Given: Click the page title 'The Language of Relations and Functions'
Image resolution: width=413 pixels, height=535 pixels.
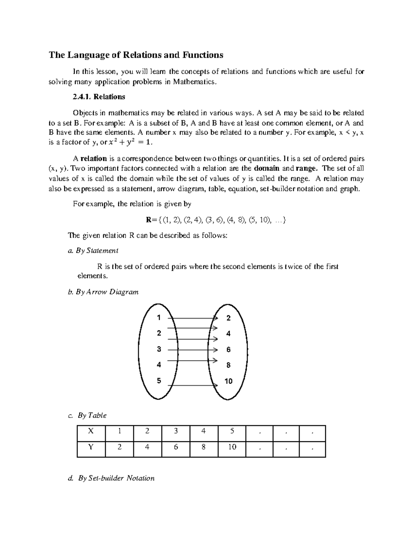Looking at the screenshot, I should coord(136,55).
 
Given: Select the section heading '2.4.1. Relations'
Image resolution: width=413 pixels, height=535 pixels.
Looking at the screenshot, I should coord(99,97).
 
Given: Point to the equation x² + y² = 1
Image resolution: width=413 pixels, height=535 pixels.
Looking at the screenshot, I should coord(129,143).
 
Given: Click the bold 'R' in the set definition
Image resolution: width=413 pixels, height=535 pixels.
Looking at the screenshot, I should coord(149,220).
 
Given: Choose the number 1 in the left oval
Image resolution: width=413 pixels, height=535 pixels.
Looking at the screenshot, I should coord(159,318).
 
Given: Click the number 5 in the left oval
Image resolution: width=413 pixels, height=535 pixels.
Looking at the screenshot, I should coord(159,381).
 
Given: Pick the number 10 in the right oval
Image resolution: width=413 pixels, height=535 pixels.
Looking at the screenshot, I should coord(228,381).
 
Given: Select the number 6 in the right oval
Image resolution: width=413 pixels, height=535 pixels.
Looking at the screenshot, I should coord(228,350).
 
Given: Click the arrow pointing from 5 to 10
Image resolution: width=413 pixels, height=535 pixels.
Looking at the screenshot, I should coord(193,384).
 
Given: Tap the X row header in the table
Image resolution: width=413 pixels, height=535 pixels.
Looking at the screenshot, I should coord(91,431).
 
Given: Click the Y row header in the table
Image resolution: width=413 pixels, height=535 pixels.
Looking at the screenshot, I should coord(91,447).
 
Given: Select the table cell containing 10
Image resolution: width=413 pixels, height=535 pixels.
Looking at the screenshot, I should coord(232,447).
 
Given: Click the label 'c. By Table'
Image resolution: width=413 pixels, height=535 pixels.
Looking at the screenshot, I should coord(88,415).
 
